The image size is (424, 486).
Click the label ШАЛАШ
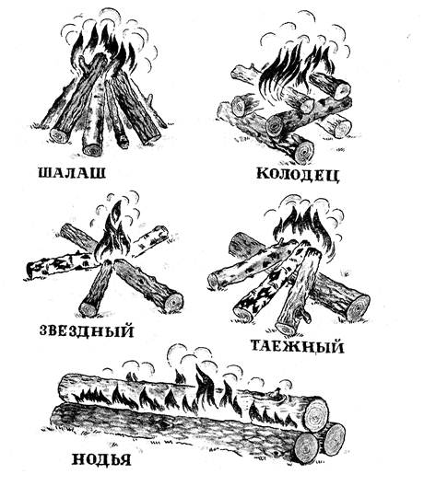click(72, 173)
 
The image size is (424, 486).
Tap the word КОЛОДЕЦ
click(298, 175)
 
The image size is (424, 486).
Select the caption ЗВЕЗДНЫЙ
click(87, 330)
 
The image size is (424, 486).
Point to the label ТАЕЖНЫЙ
click(297, 346)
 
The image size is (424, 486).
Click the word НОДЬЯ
click(101, 459)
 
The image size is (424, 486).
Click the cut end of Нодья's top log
click(315, 414)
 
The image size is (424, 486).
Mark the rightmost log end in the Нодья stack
click(332, 439)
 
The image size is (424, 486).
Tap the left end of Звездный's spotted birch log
click(29, 270)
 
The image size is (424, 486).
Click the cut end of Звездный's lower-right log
click(173, 302)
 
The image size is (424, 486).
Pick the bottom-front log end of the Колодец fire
click(303, 153)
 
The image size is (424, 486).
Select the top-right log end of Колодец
click(341, 89)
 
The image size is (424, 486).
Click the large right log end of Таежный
click(358, 307)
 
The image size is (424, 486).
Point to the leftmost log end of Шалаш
click(59, 135)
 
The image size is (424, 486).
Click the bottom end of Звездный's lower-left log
click(88, 309)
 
